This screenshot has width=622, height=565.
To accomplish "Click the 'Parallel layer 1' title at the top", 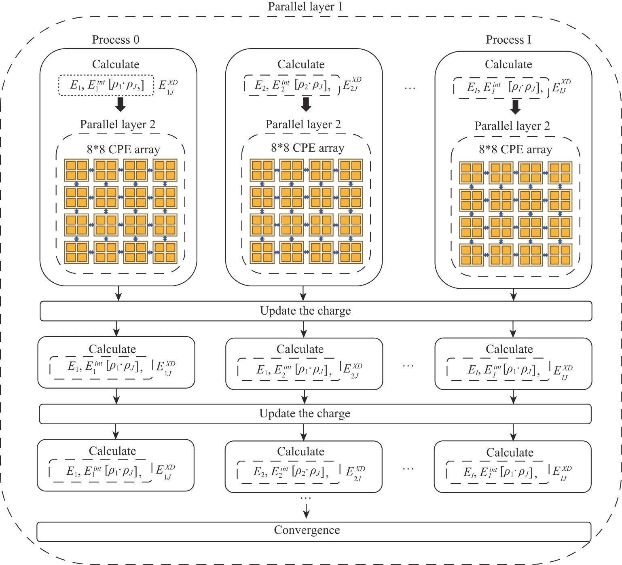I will [305, 6].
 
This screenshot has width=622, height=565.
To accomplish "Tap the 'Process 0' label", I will [116, 40].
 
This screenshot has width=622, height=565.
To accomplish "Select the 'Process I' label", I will [508, 40].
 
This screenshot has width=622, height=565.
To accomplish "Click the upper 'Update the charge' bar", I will [315, 311].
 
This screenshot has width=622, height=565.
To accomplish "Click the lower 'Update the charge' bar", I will [315, 414].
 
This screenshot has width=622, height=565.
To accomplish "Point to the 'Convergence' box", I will [313, 531].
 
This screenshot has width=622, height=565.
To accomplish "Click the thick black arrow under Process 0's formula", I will [120, 104].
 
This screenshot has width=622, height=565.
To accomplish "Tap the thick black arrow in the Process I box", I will [515, 107].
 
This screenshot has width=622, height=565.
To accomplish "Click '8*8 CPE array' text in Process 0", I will [123, 150].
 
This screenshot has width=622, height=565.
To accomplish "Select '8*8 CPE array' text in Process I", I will [515, 150].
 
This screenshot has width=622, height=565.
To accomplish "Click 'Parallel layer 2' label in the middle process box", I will [303, 125].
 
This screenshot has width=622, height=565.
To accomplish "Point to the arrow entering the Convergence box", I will [306, 512].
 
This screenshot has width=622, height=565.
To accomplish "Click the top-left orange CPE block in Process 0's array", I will [76, 170].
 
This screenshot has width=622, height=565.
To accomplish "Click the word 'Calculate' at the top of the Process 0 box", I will [116, 64].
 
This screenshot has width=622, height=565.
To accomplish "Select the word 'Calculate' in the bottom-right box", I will [510, 453].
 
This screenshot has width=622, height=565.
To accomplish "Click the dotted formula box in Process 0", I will [106, 85].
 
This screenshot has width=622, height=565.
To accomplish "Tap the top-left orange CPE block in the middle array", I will [262, 170].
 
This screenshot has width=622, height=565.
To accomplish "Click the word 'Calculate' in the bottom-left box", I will [112, 451].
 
